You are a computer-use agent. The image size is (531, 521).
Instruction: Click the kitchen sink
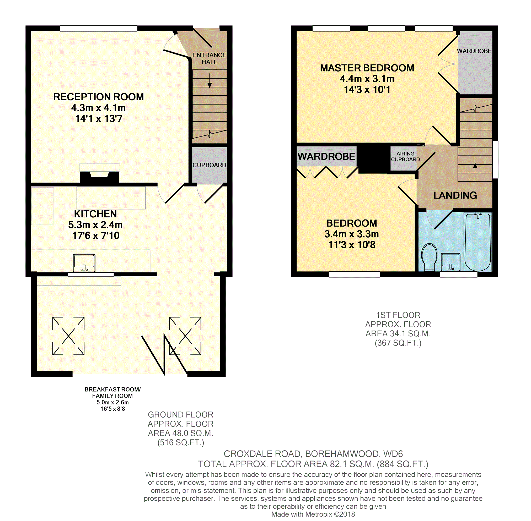point(84,263)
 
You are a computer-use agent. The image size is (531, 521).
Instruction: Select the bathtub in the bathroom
point(478,242)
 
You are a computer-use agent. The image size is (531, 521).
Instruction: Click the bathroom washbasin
point(450,262)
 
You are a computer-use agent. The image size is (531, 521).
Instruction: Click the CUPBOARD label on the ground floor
point(209,165)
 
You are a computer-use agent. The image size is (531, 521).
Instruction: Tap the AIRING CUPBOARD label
point(405,157)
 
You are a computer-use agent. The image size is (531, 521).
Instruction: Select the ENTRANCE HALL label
point(209,59)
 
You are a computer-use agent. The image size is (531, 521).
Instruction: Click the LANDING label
point(455,195)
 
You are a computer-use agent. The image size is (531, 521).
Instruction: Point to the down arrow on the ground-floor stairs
point(210,81)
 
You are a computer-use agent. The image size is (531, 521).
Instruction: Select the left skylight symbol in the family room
point(68,336)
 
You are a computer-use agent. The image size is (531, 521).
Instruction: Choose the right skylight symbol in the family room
point(185,336)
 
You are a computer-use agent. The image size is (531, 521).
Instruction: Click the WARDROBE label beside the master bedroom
point(474,51)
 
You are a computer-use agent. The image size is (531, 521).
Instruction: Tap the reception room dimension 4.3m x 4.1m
point(98,108)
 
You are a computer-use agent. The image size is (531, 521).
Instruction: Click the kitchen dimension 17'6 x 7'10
point(96,235)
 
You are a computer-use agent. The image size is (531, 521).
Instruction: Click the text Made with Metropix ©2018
point(313,514)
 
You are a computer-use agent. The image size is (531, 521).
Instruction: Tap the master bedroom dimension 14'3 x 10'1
point(367,90)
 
